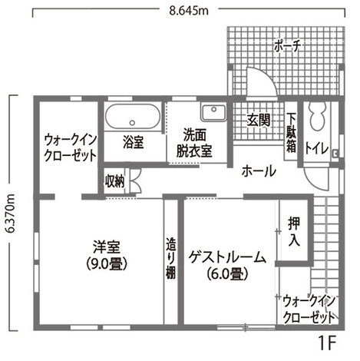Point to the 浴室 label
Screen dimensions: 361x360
[x=134, y=142]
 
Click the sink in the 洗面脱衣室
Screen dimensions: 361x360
[x=213, y=113]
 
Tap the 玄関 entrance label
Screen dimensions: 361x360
[x=259, y=120]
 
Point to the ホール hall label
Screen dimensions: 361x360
[x=258, y=171]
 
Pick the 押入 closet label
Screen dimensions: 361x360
[x=294, y=230]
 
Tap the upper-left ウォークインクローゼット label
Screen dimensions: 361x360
[x=70, y=147]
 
